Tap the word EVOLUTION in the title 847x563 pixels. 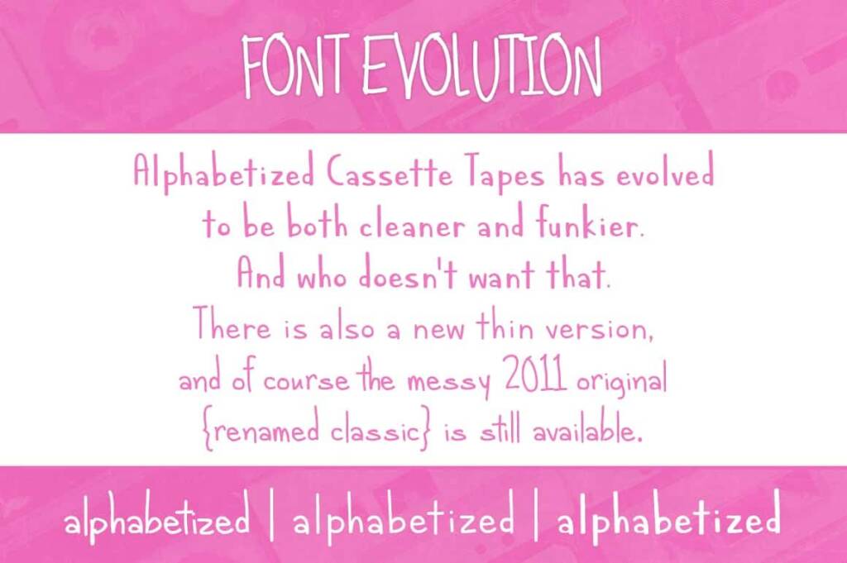tap(482, 67)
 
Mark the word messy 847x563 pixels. tap(444, 381)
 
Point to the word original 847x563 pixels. tap(621, 381)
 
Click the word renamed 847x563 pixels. tap(262, 432)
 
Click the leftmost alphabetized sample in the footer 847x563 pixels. tap(157, 522)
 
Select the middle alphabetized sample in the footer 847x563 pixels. tap(404, 522)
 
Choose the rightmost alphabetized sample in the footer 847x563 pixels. tap(668, 521)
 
